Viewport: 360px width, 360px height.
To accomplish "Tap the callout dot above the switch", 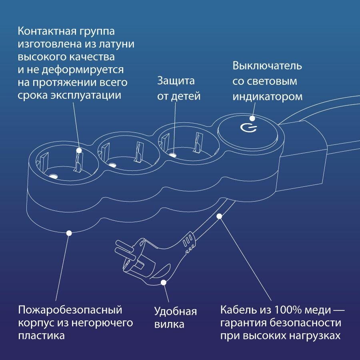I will tap(252, 118).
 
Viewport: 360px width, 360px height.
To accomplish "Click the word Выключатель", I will tap(267, 66).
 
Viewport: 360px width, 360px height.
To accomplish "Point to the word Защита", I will tap(176, 80).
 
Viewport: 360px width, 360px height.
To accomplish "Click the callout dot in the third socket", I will tap(172, 154).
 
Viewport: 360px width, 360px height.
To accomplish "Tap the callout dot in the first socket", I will tap(79, 151).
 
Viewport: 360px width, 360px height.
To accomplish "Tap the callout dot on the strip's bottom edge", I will tap(69, 232).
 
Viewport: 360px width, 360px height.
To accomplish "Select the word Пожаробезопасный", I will tap(70, 310).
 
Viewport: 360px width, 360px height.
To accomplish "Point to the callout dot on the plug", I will tap(163, 282).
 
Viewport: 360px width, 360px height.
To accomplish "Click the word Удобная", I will tap(176, 311).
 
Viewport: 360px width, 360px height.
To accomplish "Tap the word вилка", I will tap(169, 324).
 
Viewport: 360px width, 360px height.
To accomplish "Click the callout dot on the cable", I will tap(219, 217).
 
